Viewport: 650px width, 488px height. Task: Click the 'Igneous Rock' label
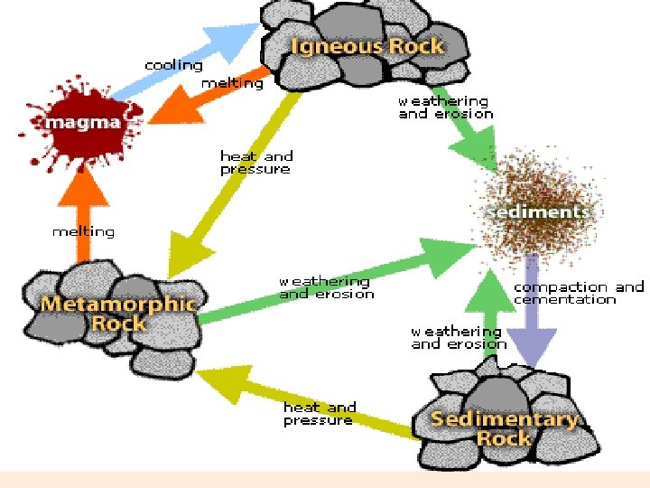[x=367, y=45]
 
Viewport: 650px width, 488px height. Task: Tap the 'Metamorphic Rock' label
[x=118, y=313]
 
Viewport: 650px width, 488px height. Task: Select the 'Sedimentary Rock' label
[x=504, y=428]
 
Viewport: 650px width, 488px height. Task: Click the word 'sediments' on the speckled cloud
[x=538, y=211]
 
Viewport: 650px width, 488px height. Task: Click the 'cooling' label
[x=173, y=65]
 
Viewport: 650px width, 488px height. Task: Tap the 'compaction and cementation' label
[x=579, y=293]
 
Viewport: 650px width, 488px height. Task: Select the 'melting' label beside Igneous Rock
[x=232, y=83]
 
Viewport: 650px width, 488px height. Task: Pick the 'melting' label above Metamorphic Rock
[x=83, y=231]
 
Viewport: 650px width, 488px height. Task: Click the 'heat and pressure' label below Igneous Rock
[x=255, y=163]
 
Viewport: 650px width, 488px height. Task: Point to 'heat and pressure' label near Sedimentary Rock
[x=320, y=414]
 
